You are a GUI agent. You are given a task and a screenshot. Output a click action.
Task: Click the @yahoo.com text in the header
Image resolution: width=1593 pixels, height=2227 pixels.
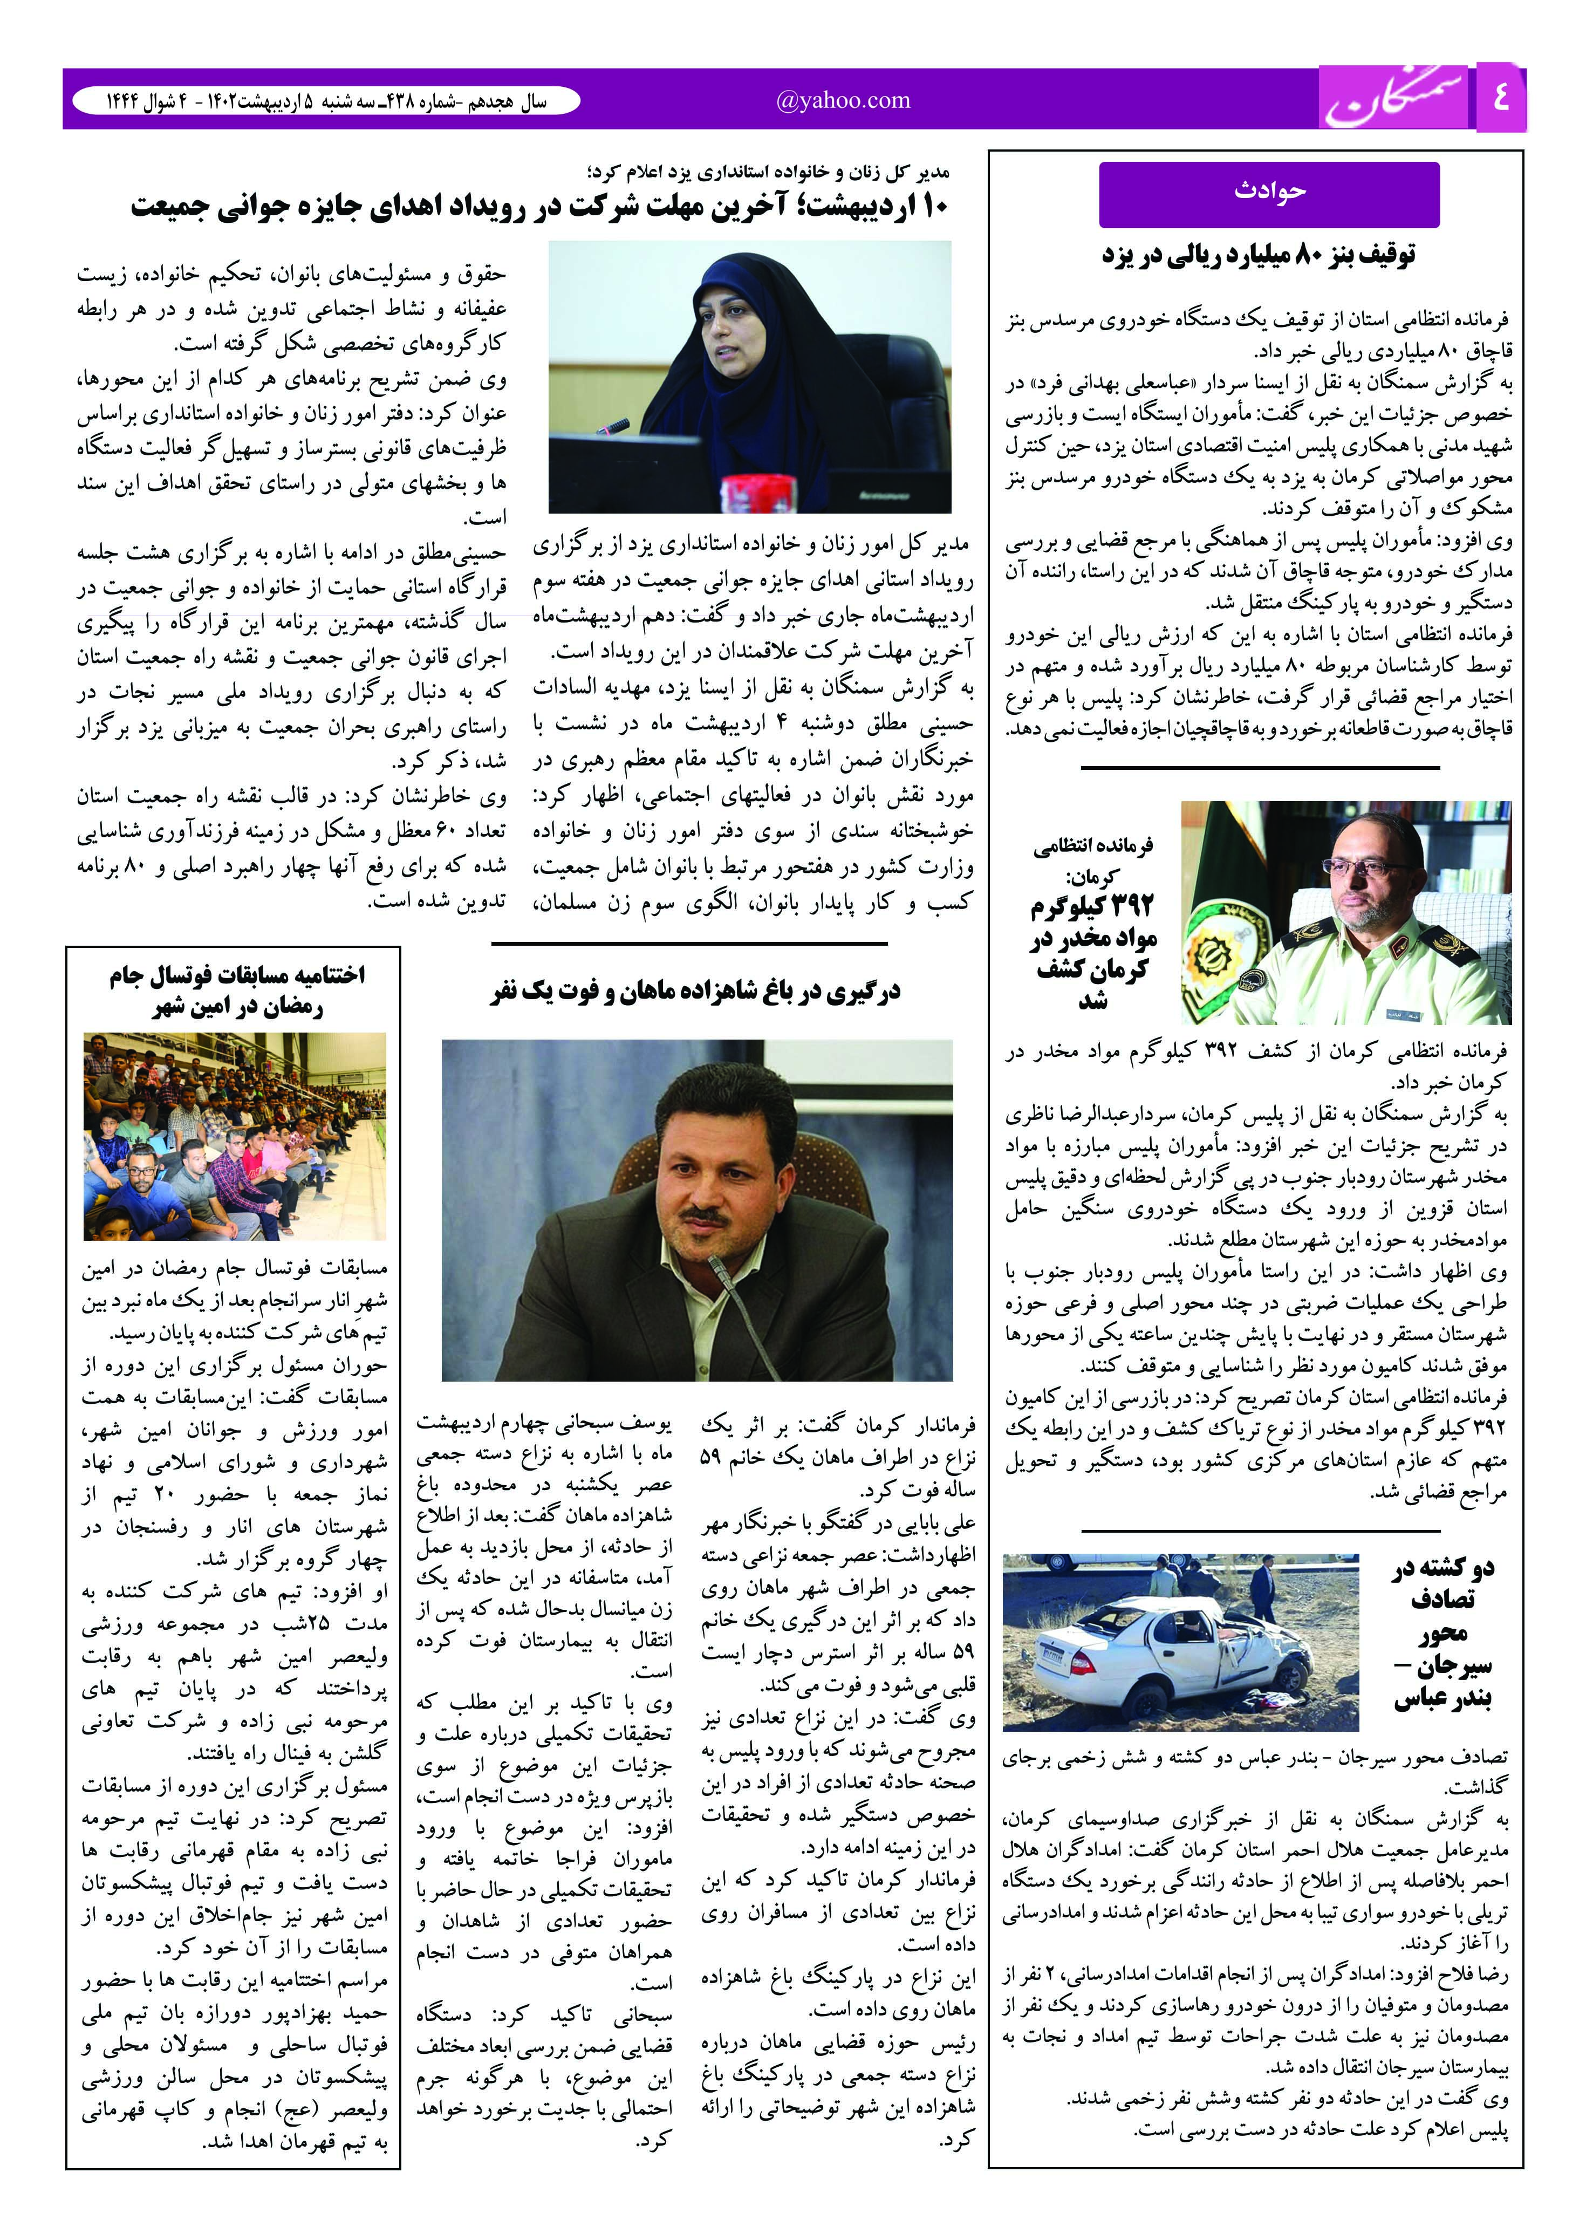(843, 100)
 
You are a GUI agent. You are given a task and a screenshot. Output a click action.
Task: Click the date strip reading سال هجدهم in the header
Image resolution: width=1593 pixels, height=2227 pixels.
(326, 101)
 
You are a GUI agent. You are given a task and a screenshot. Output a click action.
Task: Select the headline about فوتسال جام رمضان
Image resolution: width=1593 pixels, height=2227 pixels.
(235, 991)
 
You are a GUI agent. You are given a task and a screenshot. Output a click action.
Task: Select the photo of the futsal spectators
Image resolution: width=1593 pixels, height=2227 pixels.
(235, 1135)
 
